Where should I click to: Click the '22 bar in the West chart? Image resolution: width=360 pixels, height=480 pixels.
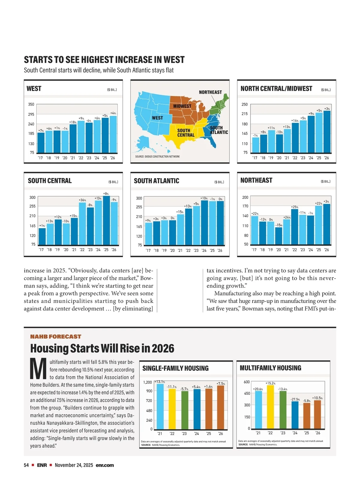point(81,137)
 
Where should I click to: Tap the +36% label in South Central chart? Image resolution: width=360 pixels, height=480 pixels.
point(82,200)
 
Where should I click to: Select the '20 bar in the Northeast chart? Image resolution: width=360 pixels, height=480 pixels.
point(279,236)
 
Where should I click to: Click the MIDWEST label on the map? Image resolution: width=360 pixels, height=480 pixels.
point(182,106)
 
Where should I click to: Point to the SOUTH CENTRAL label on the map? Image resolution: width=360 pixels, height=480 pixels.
point(186,133)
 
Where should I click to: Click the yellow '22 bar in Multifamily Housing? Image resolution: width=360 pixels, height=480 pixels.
point(270,407)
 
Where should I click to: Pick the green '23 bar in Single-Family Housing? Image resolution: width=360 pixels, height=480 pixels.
point(185,410)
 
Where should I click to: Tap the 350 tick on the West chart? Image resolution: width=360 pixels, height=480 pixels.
point(31,104)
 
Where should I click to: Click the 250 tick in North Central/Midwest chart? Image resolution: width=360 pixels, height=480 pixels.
point(244,104)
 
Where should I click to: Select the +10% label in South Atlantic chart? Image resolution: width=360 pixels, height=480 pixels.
point(204,198)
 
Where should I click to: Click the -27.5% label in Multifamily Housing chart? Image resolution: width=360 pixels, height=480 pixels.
point(295,399)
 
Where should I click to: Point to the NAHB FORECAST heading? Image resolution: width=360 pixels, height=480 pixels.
point(55,337)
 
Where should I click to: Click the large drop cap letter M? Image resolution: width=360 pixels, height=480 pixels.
point(38,369)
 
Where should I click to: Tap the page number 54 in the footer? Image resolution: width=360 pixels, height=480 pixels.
point(26,465)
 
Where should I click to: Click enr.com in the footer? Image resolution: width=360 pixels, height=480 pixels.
point(105,465)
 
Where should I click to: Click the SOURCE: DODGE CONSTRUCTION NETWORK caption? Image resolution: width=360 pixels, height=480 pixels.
point(157,157)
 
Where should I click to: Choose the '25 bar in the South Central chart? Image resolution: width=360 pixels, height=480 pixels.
point(106,220)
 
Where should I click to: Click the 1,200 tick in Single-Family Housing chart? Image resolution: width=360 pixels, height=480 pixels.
point(147,382)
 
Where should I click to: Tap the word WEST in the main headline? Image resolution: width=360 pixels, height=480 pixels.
point(174,60)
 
